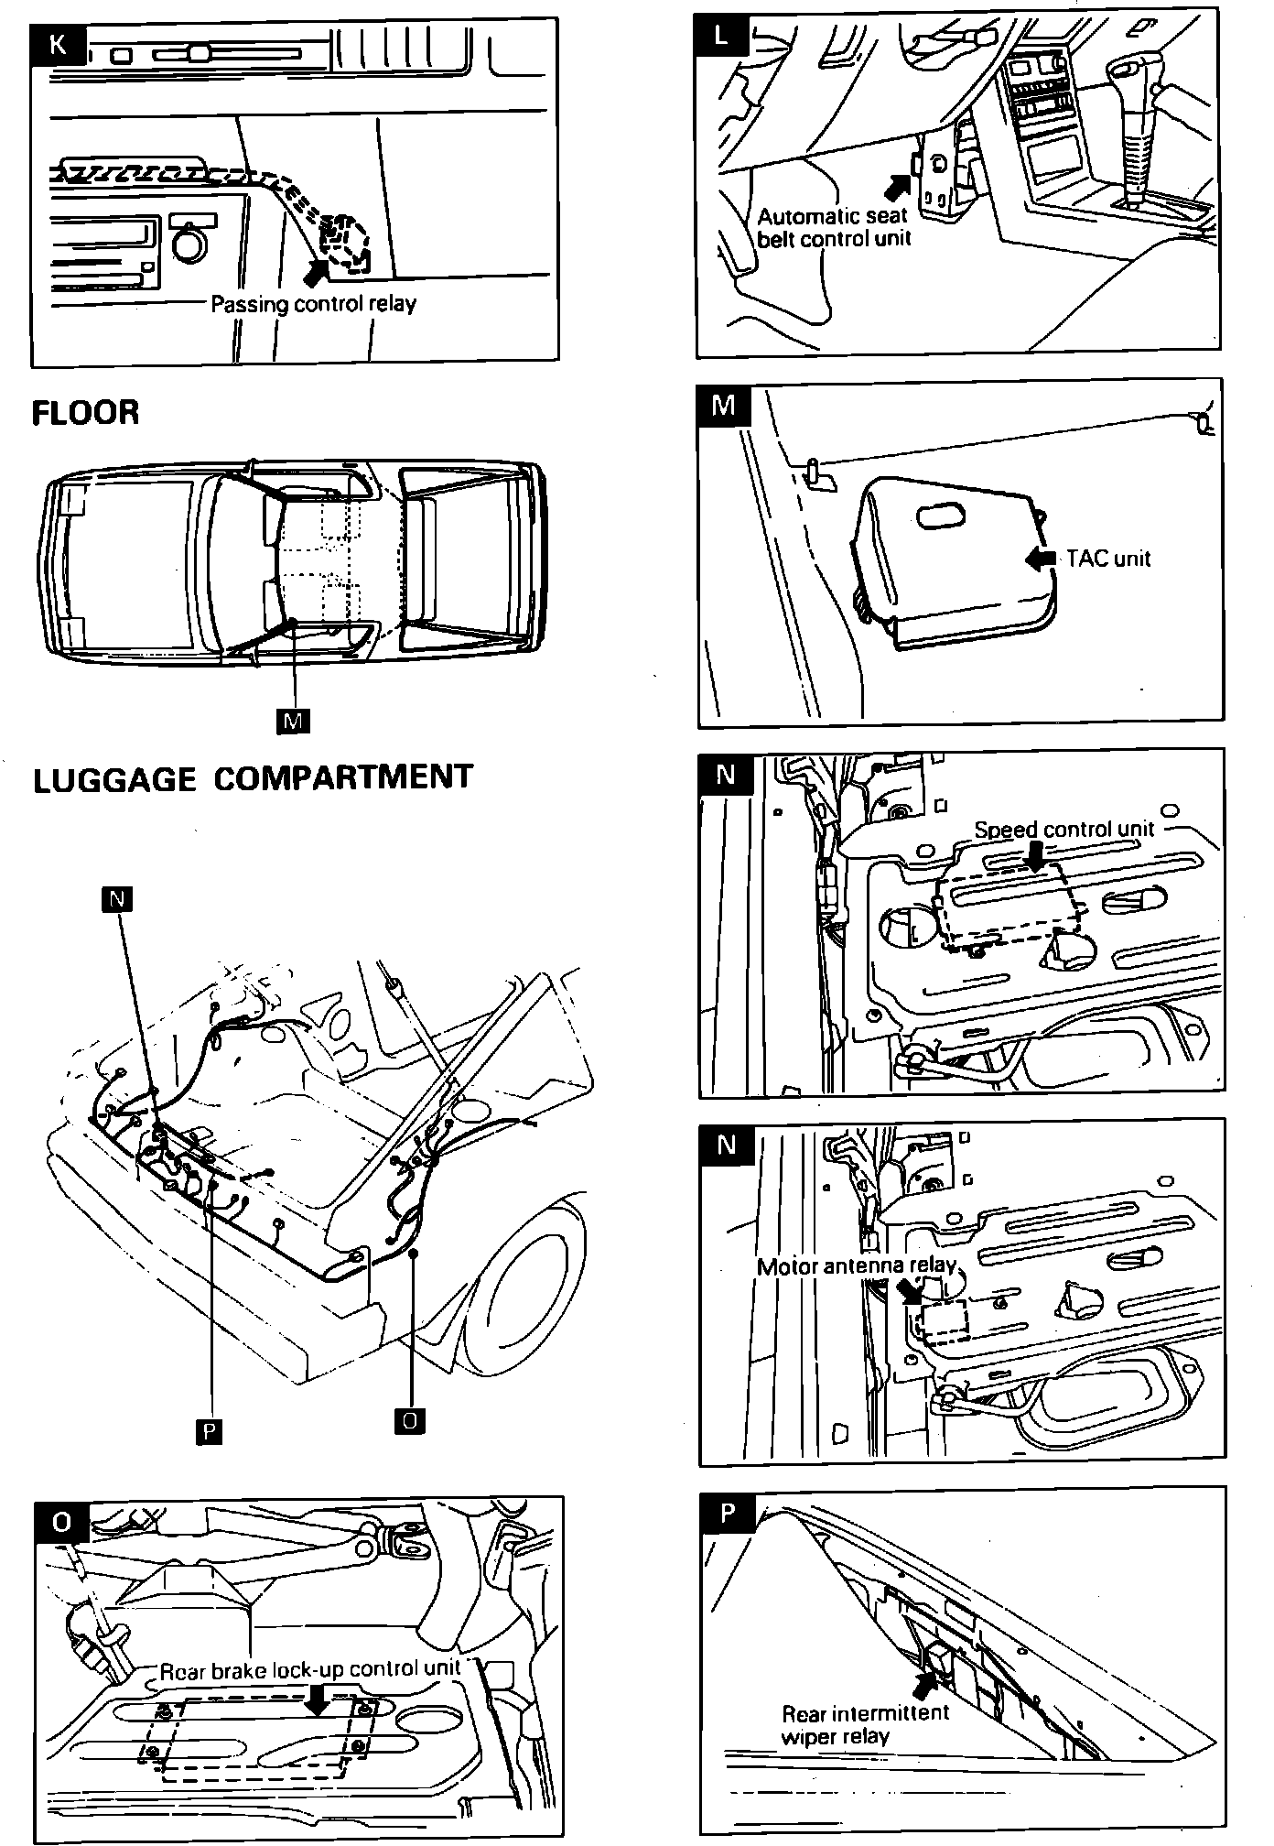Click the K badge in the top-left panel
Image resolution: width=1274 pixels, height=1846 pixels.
pos(57,43)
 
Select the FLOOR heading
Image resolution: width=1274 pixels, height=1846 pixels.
pos(86,412)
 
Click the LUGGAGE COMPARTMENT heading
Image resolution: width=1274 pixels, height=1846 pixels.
pos(253,778)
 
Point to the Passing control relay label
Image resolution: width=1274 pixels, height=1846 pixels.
pos(313,303)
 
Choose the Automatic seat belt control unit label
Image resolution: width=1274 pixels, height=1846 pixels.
pos(834,228)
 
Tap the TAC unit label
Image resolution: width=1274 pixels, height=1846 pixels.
pos(1108,559)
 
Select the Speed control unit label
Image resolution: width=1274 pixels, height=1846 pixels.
pos(1063,829)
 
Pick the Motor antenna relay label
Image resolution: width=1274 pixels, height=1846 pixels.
pos(857,1265)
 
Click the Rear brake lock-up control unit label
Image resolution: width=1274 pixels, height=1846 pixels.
pos(310,1669)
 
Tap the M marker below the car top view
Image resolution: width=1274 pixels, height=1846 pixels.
pos(293,721)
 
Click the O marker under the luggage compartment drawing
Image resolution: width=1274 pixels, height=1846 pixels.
pos(411,1420)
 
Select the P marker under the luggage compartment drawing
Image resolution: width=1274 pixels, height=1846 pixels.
pos(210,1430)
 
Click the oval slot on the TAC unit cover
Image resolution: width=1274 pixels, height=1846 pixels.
pos(943,516)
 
